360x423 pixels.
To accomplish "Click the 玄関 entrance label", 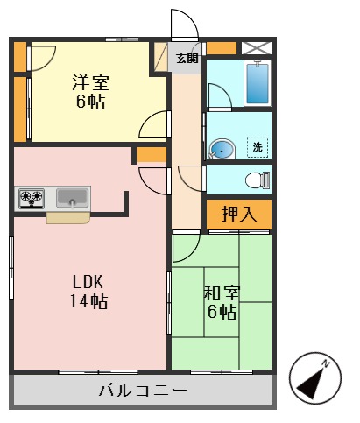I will click(186, 59).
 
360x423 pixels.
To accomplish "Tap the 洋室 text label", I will click(90, 83).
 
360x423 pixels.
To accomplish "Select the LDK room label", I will click(88, 282).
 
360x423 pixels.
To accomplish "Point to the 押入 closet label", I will click(238, 214).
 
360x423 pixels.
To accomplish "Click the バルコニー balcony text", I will click(142, 391).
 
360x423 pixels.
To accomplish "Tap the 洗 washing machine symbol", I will click(258, 147).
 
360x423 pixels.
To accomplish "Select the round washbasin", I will click(222, 151).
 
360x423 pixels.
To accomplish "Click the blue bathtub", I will click(258, 84).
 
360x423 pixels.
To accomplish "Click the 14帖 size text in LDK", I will click(88, 302).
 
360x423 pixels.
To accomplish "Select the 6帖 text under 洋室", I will click(89, 102).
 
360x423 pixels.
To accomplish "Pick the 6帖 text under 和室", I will click(221, 313).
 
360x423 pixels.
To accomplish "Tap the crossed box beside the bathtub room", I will click(258, 47).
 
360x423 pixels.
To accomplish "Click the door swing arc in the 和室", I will click(186, 250).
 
